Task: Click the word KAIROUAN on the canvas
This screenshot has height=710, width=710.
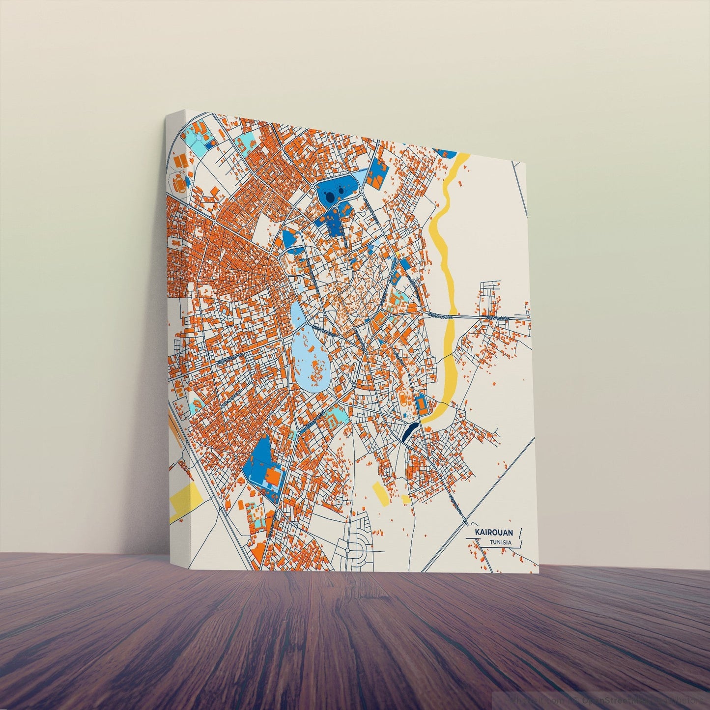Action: (494, 532)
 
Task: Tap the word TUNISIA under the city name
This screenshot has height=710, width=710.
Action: (500, 542)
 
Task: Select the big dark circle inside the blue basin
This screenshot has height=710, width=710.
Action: (330, 196)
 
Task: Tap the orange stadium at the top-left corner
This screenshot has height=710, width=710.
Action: (179, 183)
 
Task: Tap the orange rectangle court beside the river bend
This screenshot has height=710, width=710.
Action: (422, 404)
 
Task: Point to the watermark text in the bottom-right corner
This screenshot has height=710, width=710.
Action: (604, 699)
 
